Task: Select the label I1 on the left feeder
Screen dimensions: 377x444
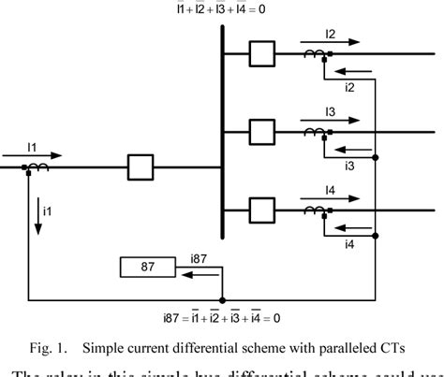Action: [x=32, y=147]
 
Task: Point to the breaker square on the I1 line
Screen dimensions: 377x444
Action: [x=141, y=168]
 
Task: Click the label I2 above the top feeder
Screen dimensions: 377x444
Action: [x=330, y=35]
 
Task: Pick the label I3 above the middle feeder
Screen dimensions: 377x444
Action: [x=330, y=111]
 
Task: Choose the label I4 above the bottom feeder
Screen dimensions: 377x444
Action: [x=330, y=190]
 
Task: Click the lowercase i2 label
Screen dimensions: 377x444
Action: [x=348, y=88]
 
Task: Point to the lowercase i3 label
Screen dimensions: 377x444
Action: [x=348, y=166]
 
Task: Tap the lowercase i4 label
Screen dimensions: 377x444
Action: [x=348, y=243]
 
